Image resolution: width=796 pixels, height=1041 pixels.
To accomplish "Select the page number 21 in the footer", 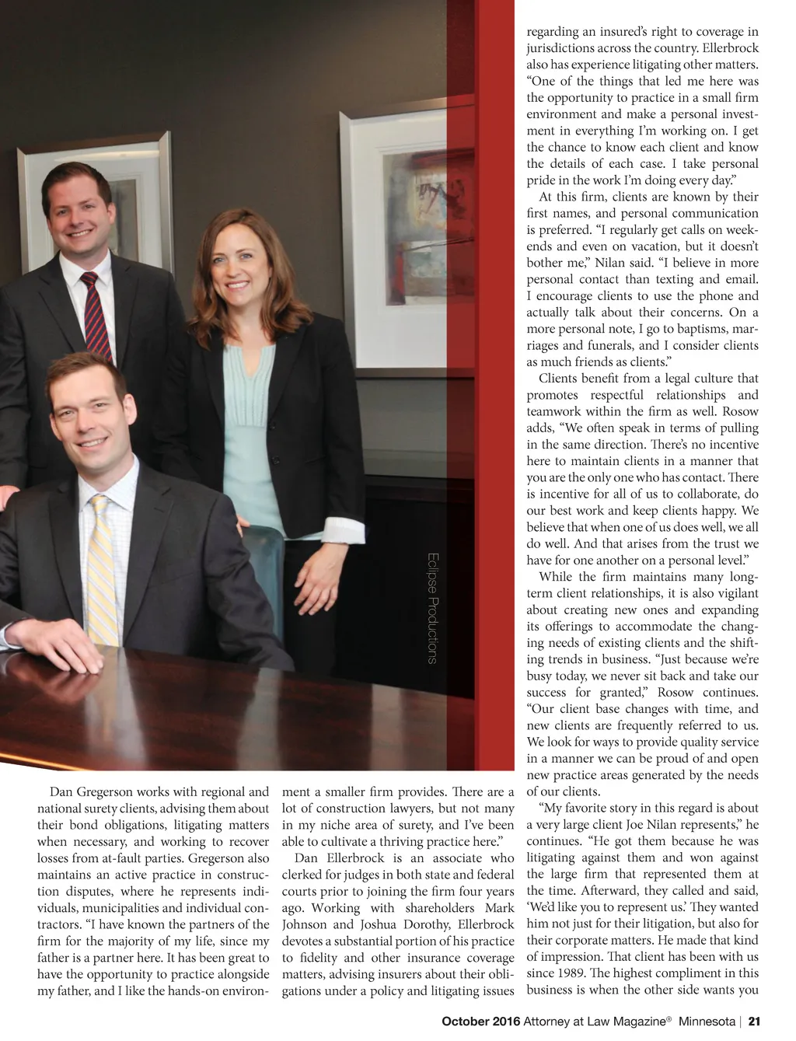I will (x=753, y=1022).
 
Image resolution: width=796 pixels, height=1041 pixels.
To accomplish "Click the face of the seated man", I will (x=84, y=420).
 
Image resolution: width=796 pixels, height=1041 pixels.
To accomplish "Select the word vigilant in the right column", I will (x=732, y=593).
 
